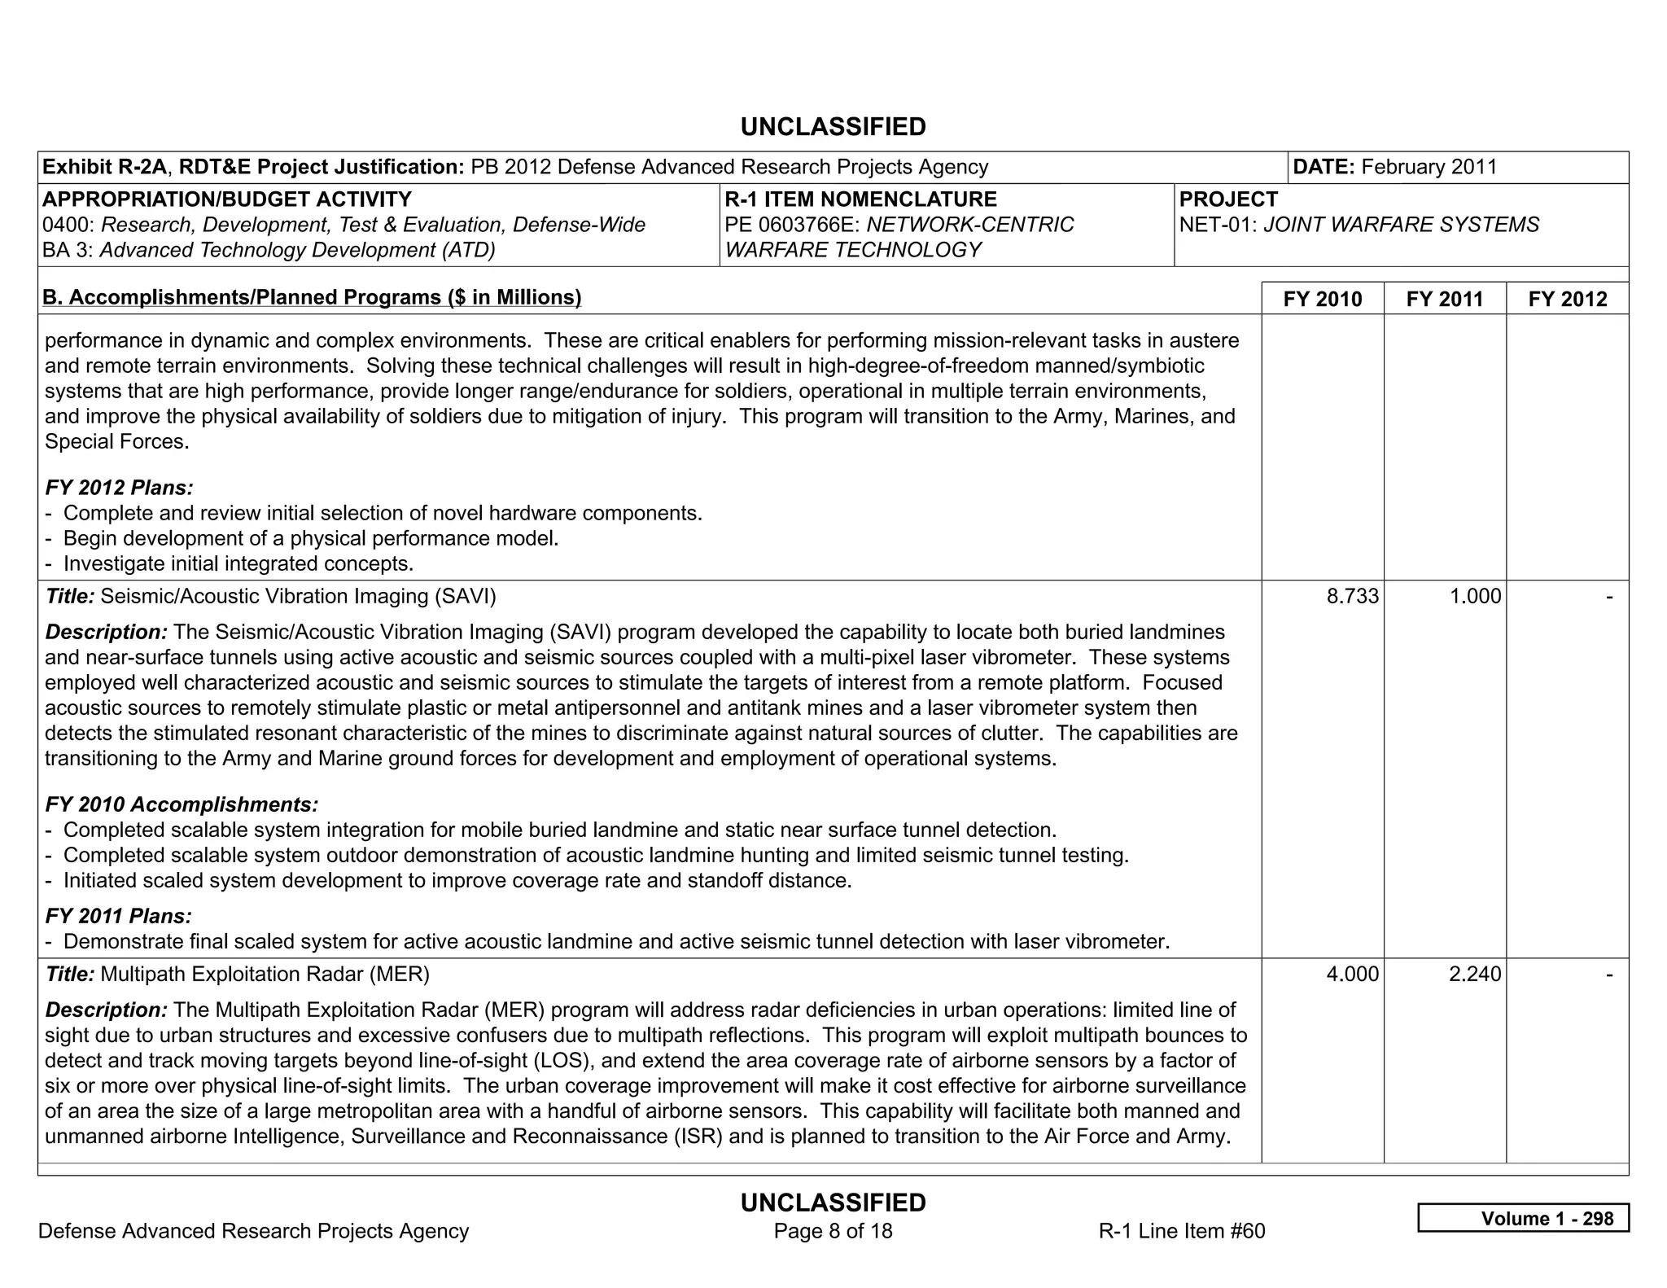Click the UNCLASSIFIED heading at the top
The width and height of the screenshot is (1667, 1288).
point(833,127)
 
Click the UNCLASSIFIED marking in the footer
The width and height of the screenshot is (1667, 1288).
point(833,1203)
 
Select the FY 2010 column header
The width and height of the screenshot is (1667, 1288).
point(1322,299)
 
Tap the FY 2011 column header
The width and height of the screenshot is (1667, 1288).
point(1445,299)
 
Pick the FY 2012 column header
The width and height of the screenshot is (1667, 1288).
point(1568,299)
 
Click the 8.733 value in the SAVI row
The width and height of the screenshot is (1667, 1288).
point(1352,596)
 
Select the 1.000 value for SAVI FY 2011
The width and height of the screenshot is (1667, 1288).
point(1475,596)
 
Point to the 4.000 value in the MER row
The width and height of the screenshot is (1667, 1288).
point(1352,974)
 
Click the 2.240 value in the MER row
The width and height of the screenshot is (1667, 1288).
point(1475,974)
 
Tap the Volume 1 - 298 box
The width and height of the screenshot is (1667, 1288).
point(1523,1218)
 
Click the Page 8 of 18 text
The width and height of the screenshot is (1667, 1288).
point(833,1231)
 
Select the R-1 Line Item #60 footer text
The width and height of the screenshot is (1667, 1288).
point(1182,1231)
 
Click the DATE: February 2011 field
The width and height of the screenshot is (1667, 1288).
point(1395,167)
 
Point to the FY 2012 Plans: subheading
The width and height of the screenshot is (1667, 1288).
point(119,488)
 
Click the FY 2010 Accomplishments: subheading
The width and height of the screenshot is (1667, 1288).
point(182,804)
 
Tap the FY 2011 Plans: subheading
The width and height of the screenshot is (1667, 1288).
point(118,916)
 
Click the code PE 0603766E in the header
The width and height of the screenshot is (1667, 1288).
point(790,225)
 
